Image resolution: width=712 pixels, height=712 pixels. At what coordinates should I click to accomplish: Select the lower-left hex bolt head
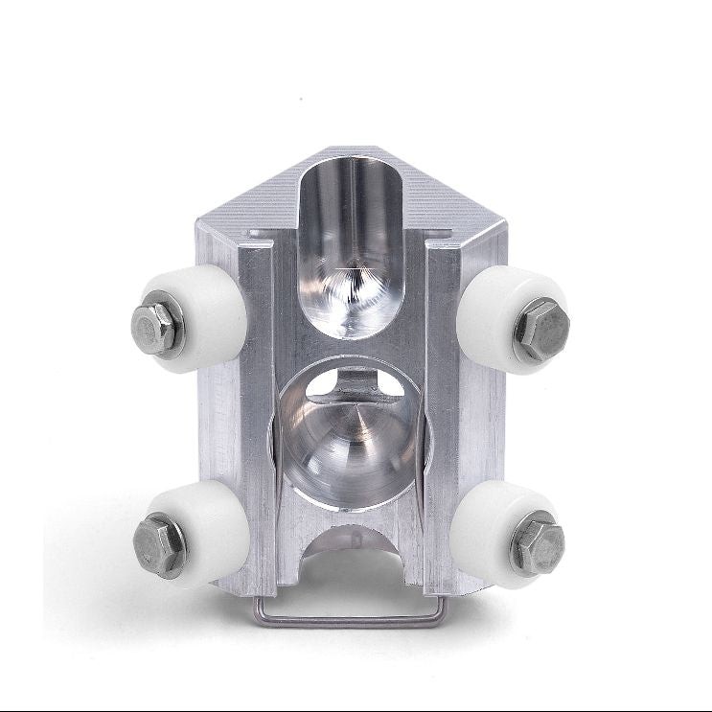[x=161, y=543]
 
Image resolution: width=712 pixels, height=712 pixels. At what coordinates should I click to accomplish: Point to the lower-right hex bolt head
[x=538, y=543]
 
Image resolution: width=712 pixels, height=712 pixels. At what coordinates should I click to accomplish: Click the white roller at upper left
[x=201, y=316]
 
